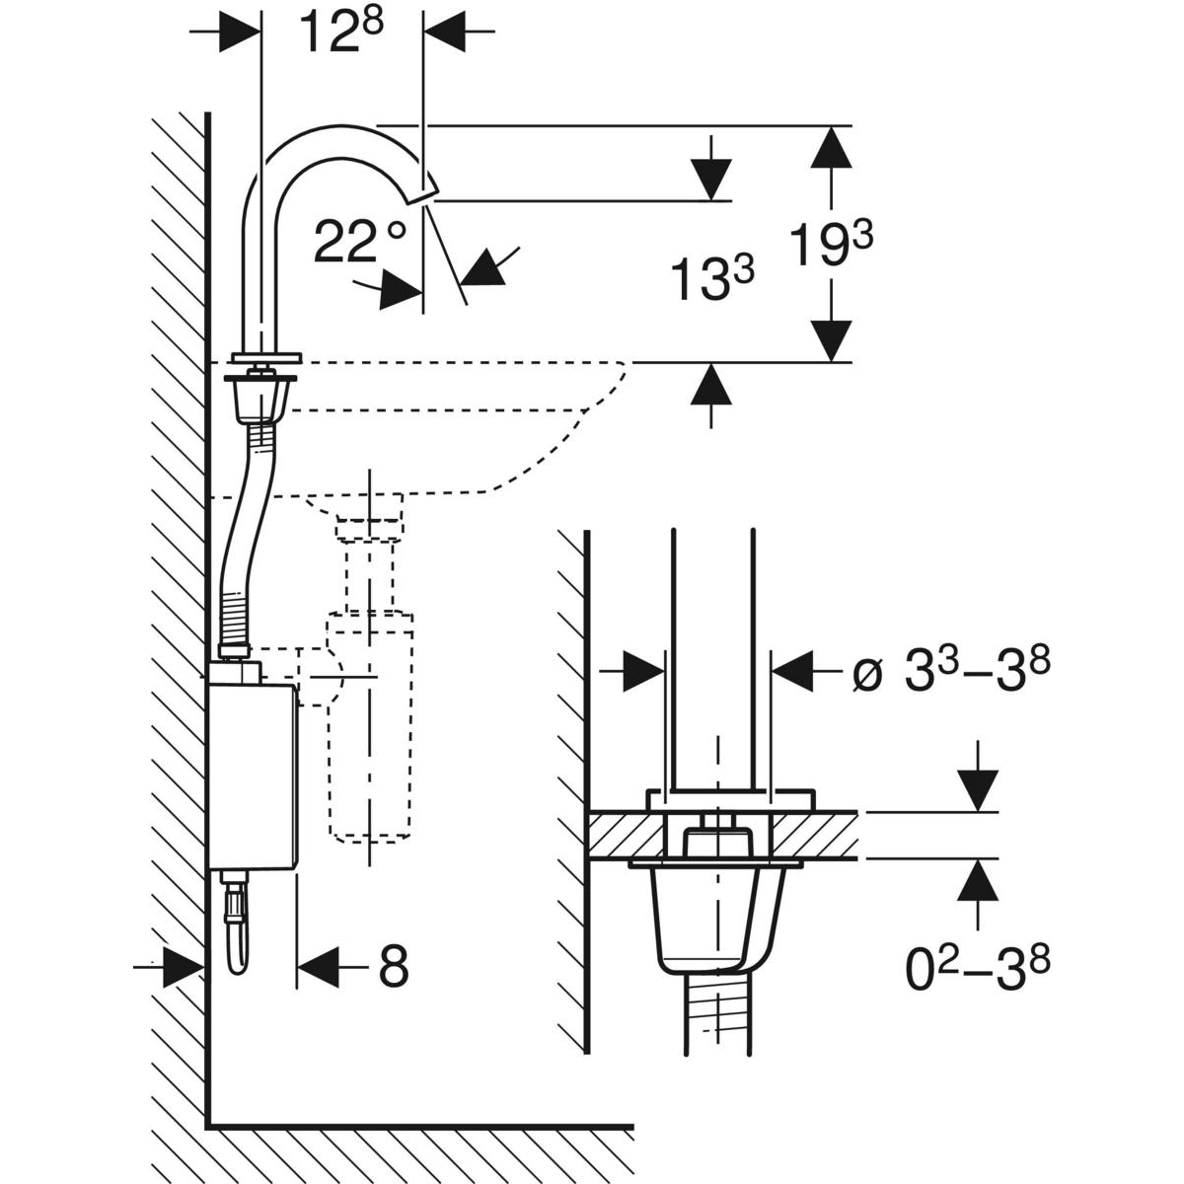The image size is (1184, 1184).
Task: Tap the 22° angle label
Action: tap(359, 242)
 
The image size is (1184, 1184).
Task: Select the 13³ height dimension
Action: tap(712, 277)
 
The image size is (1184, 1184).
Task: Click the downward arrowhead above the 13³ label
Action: tap(710, 178)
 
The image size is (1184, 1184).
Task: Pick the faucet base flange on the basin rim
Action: tap(264, 357)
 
